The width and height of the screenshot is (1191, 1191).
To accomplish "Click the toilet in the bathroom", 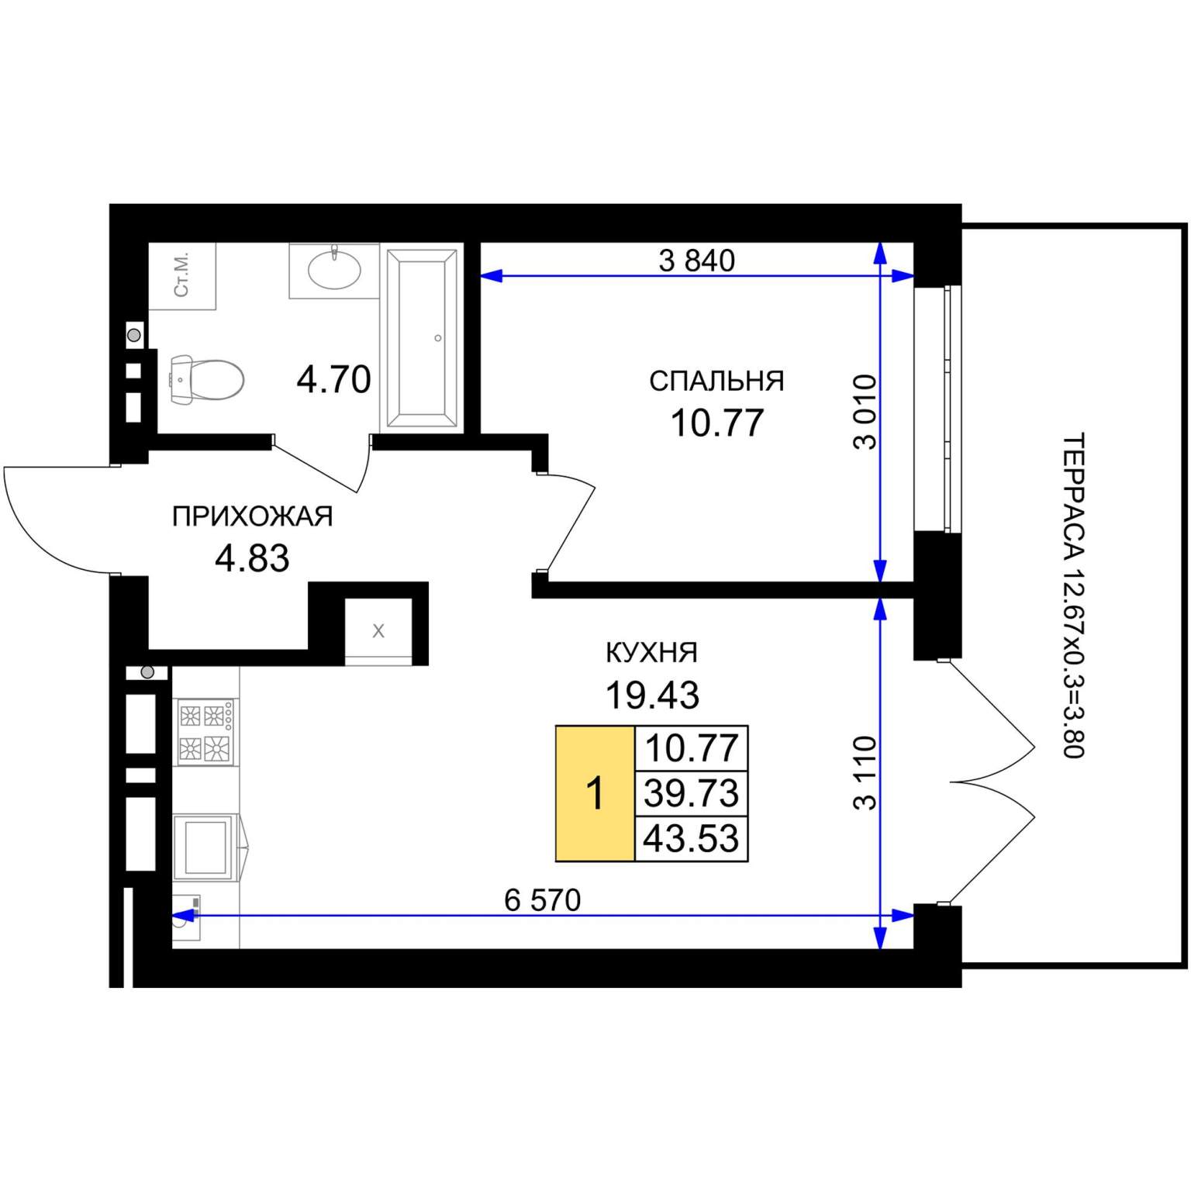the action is (206, 380).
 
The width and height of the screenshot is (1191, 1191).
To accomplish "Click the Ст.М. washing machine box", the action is (182, 276).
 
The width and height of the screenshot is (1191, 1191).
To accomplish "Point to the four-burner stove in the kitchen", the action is (205, 731).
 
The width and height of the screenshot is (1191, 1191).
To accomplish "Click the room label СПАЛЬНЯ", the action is (716, 381).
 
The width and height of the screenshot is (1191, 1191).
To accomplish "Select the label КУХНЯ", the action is (651, 653).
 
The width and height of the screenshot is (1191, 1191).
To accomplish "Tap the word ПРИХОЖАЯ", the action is (252, 516).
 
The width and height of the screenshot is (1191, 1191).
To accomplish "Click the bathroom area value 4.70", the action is (334, 380).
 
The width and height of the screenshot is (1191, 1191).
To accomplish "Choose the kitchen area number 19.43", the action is (652, 696).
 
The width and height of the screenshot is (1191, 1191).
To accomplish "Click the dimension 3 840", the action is (696, 261).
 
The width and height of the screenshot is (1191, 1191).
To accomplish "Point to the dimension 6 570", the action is (542, 900).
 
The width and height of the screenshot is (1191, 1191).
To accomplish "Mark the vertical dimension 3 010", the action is (865, 412).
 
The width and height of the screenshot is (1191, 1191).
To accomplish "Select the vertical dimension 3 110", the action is (865, 773).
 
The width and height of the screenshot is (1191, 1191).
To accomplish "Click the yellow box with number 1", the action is (595, 794).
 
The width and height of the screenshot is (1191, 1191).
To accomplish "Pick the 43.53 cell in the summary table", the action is (692, 839).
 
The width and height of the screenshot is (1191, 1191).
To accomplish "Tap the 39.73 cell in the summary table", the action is (692, 794).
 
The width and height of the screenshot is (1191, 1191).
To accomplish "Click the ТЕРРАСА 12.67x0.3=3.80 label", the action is (1072, 595).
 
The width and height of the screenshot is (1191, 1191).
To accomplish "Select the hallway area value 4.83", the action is (252, 558).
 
